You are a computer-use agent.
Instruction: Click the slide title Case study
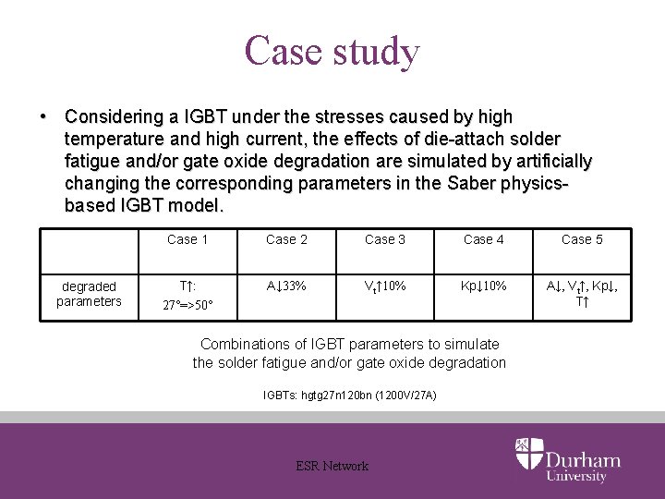[332, 51]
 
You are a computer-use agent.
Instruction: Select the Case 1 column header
[187, 239]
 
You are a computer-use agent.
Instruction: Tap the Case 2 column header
[286, 239]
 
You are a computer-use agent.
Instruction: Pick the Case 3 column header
[385, 239]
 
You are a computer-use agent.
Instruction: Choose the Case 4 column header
[484, 239]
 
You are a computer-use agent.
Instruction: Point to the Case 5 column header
[582, 239]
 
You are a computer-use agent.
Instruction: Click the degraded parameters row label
[89, 294]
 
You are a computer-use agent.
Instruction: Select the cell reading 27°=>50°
[187, 305]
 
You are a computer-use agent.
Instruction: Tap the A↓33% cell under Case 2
[286, 286]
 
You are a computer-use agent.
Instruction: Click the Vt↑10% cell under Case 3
[385, 286]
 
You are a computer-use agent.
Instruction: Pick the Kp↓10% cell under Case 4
[484, 286]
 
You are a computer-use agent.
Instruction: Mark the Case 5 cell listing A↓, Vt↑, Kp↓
[582, 286]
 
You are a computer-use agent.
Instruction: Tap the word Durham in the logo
[583, 459]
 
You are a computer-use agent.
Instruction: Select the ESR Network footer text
[332, 466]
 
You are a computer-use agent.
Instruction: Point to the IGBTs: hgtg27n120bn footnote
[350, 396]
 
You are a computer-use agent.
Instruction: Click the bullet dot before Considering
[42, 117]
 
